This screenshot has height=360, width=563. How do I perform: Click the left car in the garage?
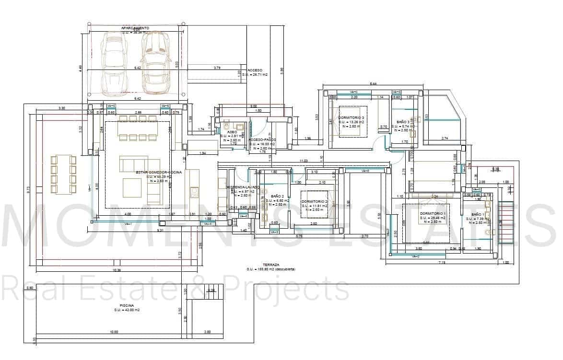click(x=114, y=61)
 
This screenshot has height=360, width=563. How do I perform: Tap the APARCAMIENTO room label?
click(x=135, y=28)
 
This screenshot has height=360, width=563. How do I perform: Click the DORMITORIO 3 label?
click(x=351, y=118)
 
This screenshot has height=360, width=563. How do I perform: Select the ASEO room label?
click(x=232, y=132)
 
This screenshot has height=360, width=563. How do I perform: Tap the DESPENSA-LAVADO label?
click(x=243, y=187)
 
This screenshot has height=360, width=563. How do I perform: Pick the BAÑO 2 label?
click(x=278, y=196)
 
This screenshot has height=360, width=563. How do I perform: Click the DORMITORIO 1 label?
click(x=433, y=213)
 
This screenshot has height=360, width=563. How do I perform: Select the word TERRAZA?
click(x=271, y=265)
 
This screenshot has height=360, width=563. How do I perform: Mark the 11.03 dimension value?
click(x=303, y=161)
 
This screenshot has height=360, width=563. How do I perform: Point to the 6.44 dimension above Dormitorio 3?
click(x=373, y=84)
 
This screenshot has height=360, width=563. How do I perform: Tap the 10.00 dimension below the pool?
click(x=113, y=332)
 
